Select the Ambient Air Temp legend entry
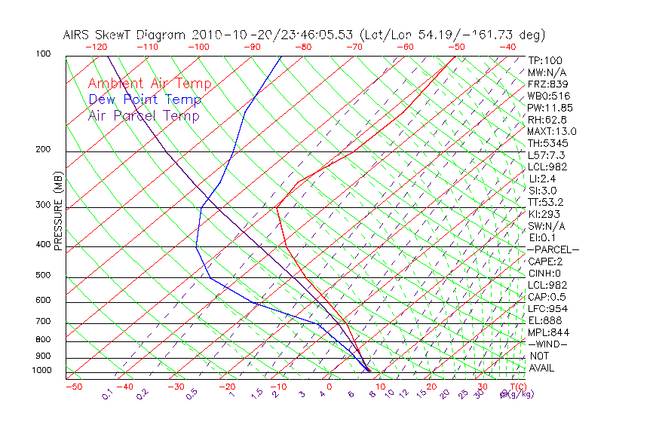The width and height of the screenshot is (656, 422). tap(149, 84)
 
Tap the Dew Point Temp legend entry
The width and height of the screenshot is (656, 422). tap(144, 99)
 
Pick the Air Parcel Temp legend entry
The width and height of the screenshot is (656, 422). tap(143, 115)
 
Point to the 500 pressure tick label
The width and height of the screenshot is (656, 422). tap(44, 276)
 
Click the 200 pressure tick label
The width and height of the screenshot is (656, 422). tap(44, 150)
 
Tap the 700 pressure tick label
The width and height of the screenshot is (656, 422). tap(44, 323)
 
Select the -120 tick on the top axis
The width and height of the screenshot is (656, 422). tap(96, 47)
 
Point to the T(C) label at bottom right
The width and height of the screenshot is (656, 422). tap(517, 387)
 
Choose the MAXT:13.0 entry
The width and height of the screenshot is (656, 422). tap(552, 132)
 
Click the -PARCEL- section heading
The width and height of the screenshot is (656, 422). tap(553, 249)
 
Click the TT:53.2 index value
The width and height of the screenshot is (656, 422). tap(546, 202)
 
